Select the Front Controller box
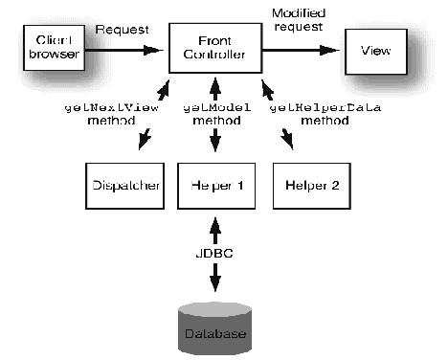click(214, 48)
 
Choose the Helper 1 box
click(214, 184)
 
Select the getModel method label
click(214, 114)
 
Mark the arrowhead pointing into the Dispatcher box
click(144, 146)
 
